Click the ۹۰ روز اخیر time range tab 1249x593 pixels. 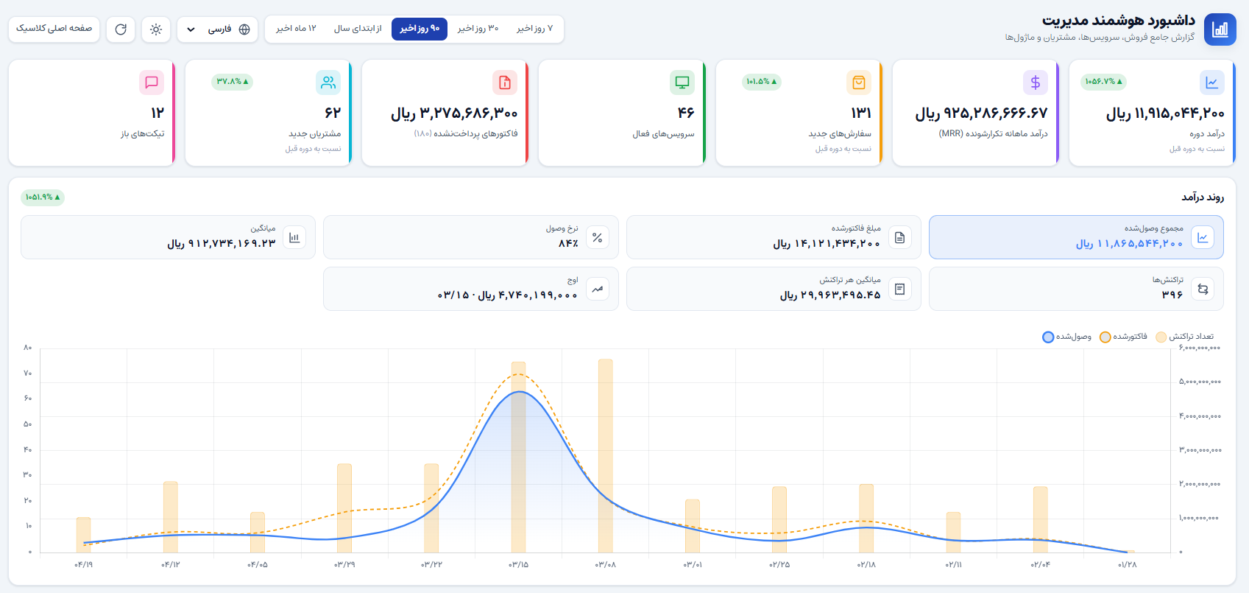[x=420, y=29]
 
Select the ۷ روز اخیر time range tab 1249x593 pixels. [x=534, y=29]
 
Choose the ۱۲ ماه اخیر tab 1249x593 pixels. [x=296, y=29]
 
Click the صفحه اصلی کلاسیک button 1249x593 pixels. [x=54, y=29]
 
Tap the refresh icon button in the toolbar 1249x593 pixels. [x=121, y=29]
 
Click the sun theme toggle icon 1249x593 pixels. [x=156, y=29]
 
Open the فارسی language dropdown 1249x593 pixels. [x=217, y=29]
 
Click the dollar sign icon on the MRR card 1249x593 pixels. [x=1035, y=83]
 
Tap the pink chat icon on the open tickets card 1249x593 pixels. [x=152, y=83]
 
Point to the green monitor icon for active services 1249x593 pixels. [x=682, y=83]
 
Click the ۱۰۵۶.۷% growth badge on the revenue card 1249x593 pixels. [x=1103, y=82]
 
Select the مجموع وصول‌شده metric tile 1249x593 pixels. [x=1076, y=237]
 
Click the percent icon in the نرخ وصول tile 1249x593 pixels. [x=597, y=238]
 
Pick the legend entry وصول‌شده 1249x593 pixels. [x=1067, y=337]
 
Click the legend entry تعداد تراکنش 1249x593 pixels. [x=1185, y=337]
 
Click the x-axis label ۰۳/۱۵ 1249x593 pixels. [x=519, y=564]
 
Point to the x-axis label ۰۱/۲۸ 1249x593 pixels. [x=1127, y=564]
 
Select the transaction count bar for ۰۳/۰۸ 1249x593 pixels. [x=606, y=456]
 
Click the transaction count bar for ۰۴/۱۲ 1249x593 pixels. [x=171, y=517]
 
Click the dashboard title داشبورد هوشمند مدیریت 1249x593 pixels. [x=1119, y=21]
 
